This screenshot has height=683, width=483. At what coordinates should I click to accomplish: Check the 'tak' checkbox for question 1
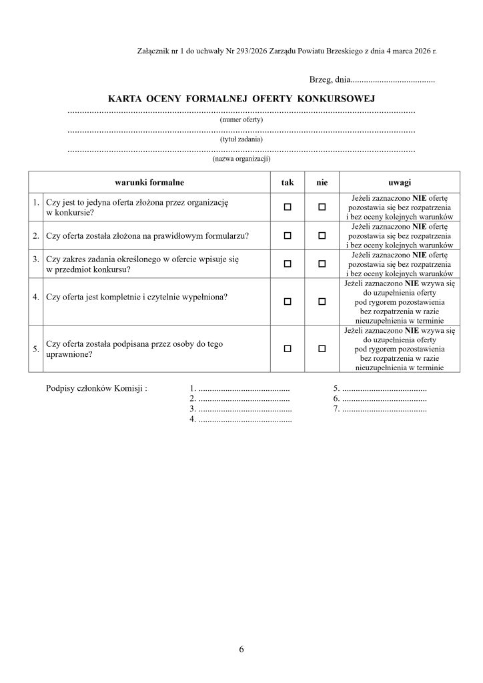coord(288,208)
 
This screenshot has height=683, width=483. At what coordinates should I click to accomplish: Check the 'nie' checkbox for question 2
coord(322,235)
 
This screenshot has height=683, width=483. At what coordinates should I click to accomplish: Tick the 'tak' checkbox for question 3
coord(288,263)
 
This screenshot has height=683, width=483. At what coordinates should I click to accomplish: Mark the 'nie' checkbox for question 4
coord(322,301)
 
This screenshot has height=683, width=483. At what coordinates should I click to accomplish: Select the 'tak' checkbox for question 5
coord(288,348)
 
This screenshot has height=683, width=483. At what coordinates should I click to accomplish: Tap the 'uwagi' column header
coord(399,181)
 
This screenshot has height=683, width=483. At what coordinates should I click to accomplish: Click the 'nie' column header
coord(322,181)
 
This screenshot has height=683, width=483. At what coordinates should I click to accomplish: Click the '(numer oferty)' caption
coord(241,120)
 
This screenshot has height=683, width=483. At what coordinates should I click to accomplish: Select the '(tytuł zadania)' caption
coord(241,139)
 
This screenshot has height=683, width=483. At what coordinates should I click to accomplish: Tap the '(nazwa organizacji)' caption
coord(241,159)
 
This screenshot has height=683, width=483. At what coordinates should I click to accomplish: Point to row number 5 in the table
coord(35,348)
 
